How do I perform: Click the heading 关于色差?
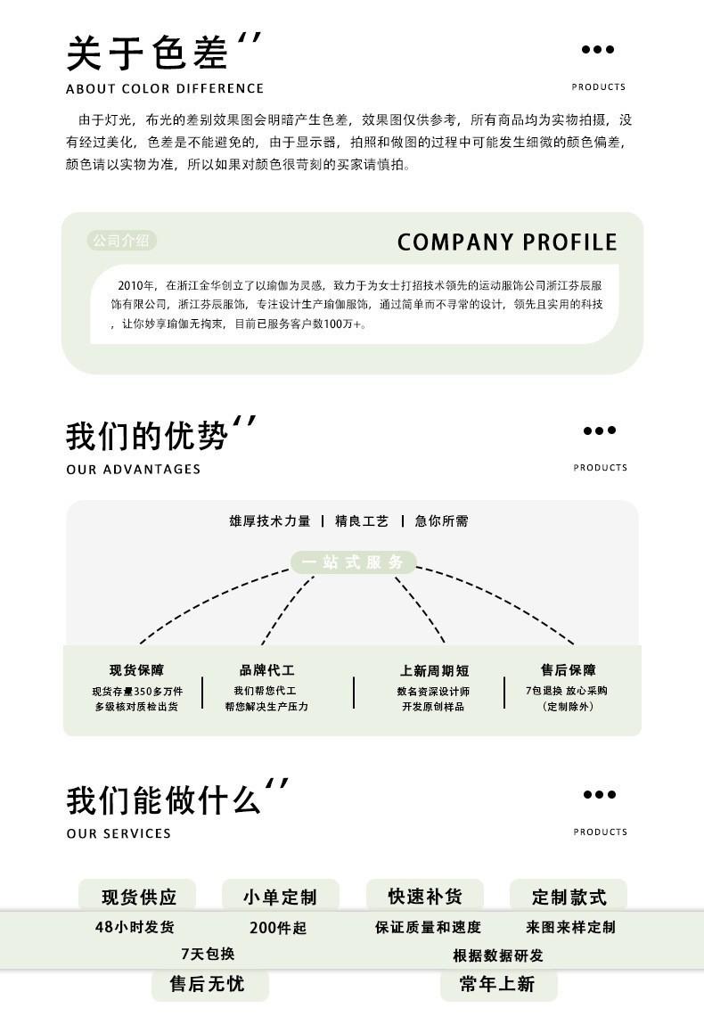147,53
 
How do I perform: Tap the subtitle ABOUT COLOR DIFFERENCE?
165,88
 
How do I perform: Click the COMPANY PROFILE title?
507,242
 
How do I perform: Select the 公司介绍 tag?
122,241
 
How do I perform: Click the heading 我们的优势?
147,436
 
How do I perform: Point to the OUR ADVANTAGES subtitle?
134,470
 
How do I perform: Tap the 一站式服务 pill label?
354,562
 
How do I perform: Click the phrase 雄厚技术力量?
270,521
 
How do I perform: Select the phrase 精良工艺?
362,521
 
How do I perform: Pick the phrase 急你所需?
441,521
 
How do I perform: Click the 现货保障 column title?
136,670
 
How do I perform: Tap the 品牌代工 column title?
266,670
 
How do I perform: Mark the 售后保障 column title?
569,670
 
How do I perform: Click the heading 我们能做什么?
163,799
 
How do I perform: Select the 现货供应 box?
138,897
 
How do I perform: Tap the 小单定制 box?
280,897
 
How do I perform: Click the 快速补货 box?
425,896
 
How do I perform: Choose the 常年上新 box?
497,984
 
